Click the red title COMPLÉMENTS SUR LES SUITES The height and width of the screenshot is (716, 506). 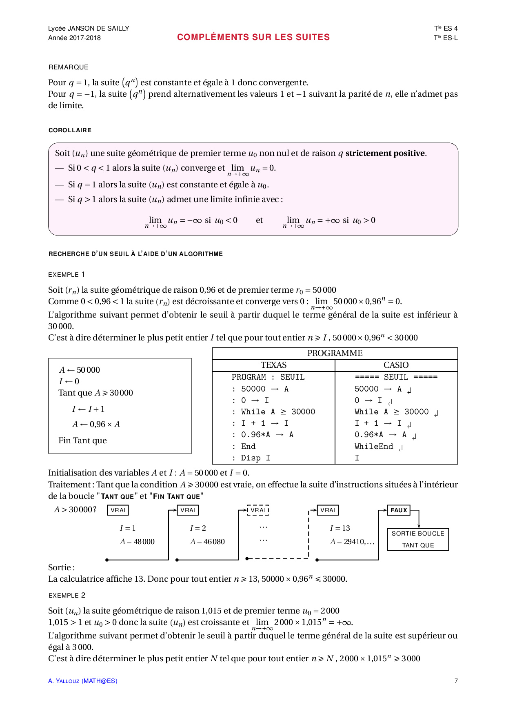[x=253, y=37]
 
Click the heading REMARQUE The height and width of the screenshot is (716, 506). [x=69, y=67]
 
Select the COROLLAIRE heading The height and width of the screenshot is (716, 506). [x=70, y=130]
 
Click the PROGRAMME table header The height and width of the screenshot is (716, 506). [x=335, y=354]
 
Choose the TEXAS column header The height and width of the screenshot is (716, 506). [x=273, y=365]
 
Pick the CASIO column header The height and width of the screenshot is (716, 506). [x=396, y=365]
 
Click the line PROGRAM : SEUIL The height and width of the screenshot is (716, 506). [x=268, y=377]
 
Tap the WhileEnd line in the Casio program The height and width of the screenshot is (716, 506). [x=374, y=447]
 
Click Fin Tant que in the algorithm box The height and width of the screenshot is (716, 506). [x=82, y=441]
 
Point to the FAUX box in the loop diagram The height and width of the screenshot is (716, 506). [x=399, y=510]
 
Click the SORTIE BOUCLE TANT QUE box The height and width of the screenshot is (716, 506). [x=418, y=539]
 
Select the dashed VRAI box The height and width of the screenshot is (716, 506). [x=258, y=510]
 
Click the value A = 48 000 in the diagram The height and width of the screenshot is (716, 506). [x=137, y=542]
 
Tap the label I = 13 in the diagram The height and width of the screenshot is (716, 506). [x=340, y=528]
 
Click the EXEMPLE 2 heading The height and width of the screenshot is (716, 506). [x=67, y=596]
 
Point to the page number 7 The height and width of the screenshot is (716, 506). [x=456, y=681]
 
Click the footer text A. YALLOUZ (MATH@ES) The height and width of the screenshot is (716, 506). [x=82, y=681]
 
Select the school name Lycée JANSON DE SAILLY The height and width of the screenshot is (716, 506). [x=89, y=29]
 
